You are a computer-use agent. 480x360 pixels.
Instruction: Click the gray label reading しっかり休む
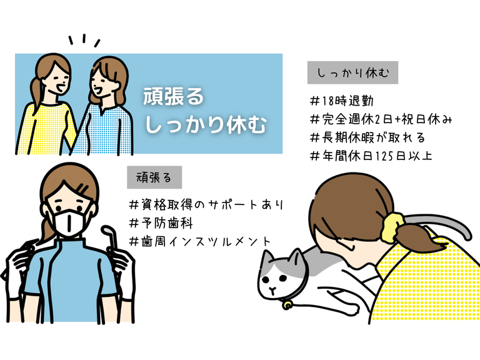coord(352,72)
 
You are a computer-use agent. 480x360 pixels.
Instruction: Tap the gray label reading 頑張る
coord(154,177)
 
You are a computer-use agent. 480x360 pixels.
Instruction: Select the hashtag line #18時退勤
coord(342,101)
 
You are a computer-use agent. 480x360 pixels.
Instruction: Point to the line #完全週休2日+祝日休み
coord(381,119)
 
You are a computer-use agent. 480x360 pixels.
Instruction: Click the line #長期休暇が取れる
coord(367,137)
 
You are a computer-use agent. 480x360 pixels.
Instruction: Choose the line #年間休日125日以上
coord(371,156)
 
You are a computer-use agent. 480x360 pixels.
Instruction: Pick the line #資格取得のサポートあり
coord(206,205)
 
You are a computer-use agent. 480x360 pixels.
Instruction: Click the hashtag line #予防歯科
coord(161,223)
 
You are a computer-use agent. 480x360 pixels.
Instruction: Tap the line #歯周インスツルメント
coord(200,241)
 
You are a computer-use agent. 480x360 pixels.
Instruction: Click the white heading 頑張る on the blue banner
coord(174,96)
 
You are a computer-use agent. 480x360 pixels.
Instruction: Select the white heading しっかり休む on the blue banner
coord(206,124)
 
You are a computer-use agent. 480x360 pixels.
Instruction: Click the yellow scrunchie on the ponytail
coord(392,226)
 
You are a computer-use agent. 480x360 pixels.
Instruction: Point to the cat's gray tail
coord(443,222)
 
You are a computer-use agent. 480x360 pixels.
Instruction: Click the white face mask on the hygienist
coord(70,222)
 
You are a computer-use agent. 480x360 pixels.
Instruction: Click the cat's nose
coord(271,289)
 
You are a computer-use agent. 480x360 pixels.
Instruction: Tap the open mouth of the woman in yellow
coord(59,89)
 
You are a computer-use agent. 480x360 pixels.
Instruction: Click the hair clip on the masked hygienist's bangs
coord(82,187)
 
